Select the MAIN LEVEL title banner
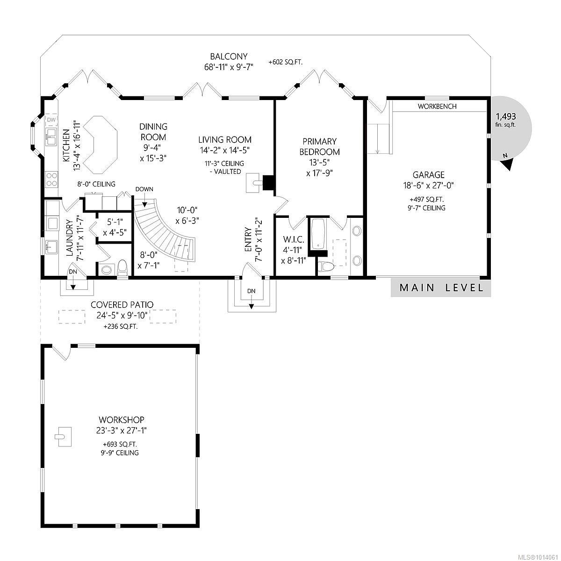[x=441, y=288]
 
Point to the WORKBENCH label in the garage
[x=437, y=107]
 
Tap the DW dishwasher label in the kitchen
[x=51, y=121]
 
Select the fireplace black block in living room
[x=269, y=183]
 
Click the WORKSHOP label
[x=121, y=420]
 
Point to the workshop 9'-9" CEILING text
[x=121, y=453]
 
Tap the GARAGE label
[x=428, y=175]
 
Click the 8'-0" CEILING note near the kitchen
[x=96, y=184]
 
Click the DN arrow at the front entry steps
[x=252, y=299]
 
